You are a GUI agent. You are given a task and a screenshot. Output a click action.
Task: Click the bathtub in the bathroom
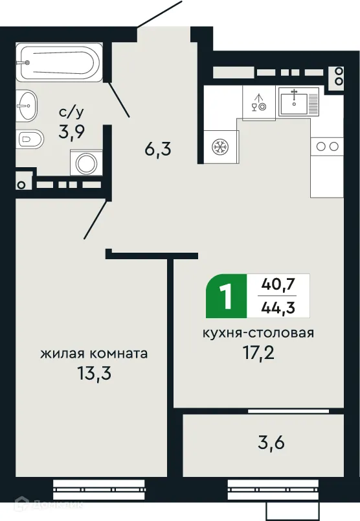[x=59, y=62]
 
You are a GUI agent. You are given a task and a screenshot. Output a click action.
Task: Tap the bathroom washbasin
[x=27, y=104]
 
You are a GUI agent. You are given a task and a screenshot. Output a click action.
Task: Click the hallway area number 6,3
[x=157, y=151]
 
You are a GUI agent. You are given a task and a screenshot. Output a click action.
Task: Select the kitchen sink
[x=298, y=101]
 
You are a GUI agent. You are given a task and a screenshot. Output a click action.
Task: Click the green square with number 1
[x=226, y=296]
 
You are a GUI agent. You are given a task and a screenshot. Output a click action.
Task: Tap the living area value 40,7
[x=278, y=284]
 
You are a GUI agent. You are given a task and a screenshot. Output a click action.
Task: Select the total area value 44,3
[x=278, y=307]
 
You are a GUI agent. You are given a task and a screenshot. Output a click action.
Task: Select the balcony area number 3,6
[x=271, y=445]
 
